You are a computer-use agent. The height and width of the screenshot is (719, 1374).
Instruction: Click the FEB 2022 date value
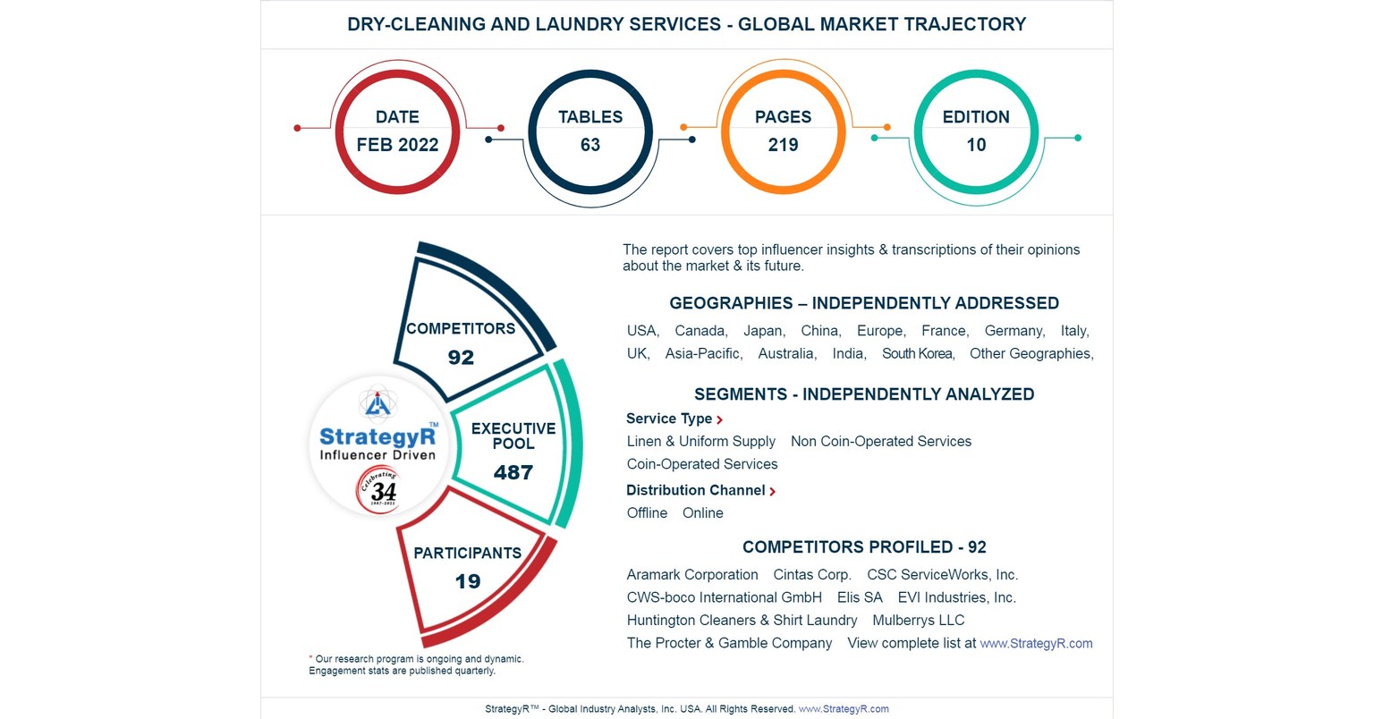coord(397,145)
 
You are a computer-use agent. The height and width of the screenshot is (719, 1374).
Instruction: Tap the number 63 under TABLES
coord(590,145)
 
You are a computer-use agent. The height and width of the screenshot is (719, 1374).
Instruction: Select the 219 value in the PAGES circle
coord(783,145)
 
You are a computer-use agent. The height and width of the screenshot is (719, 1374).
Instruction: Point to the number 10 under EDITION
coord(976,145)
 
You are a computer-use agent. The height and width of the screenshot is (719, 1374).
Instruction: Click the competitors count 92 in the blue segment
coord(461,358)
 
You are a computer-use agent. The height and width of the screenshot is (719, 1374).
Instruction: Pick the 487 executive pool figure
coord(513,472)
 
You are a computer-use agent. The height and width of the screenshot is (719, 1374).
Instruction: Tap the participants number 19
coord(468,581)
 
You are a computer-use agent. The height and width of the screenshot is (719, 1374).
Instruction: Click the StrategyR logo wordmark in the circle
coord(377,437)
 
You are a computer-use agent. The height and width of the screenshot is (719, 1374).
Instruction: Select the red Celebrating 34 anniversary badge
coord(378,490)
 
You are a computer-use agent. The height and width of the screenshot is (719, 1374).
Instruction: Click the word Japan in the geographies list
coord(764,331)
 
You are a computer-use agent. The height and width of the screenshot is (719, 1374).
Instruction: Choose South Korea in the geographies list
coord(918,354)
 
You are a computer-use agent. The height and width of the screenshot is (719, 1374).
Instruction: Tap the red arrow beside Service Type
coord(719,419)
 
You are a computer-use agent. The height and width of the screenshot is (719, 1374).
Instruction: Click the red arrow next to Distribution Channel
coord(772,491)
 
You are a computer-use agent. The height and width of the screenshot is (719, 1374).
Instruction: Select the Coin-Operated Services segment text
coord(702,464)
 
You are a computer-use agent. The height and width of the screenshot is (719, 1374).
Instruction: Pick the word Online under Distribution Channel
coord(702,513)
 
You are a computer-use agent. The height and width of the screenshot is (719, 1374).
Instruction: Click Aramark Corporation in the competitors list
coord(692,575)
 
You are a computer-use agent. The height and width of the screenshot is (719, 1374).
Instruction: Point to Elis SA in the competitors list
coord(860,597)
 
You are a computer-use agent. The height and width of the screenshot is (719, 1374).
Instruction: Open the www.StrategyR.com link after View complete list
coord(1036,643)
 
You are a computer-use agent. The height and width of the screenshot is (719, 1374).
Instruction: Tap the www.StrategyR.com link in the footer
coord(844,709)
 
